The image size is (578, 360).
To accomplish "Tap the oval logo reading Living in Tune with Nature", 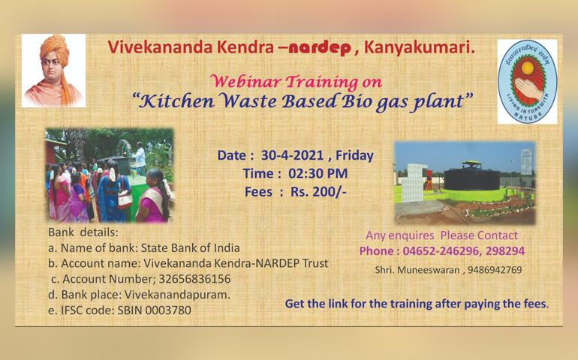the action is (528, 82).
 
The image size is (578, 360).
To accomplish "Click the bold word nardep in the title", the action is (320, 48).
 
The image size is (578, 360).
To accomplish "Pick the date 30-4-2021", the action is (292, 155).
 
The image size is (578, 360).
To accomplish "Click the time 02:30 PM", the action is (318, 173).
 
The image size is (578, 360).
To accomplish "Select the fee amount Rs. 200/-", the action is (318, 192).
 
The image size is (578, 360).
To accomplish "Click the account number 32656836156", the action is (194, 279).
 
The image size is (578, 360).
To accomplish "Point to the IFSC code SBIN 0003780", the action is (154, 310).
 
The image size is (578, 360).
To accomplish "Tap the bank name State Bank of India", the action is (190, 248).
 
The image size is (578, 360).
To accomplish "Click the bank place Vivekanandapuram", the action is (177, 295).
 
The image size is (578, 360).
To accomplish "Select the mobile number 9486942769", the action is (495, 270).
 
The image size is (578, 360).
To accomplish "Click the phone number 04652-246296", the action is (441, 251).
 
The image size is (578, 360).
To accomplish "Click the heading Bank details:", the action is (83, 232).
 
